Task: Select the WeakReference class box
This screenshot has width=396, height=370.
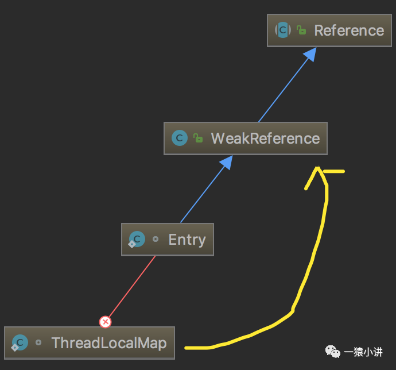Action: (x=245, y=138)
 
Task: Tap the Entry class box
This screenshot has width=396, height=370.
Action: (x=168, y=240)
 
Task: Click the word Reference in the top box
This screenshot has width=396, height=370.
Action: (x=349, y=30)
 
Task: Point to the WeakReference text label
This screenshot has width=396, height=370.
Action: (x=265, y=138)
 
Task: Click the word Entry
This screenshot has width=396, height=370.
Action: (x=187, y=240)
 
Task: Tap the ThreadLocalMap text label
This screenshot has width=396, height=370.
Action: (x=109, y=343)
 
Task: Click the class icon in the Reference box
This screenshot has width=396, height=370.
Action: (x=283, y=30)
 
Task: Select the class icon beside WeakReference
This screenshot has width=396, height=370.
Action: (x=180, y=138)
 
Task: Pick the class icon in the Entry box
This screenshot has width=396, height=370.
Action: (x=137, y=240)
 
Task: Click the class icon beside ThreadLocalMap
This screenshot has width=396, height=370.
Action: (x=20, y=343)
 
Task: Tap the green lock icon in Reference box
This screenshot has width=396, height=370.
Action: (x=301, y=30)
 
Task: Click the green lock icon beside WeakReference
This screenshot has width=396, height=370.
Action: (x=198, y=138)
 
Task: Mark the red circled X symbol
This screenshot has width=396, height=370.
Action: (x=105, y=322)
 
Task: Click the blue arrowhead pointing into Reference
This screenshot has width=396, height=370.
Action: (x=309, y=55)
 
